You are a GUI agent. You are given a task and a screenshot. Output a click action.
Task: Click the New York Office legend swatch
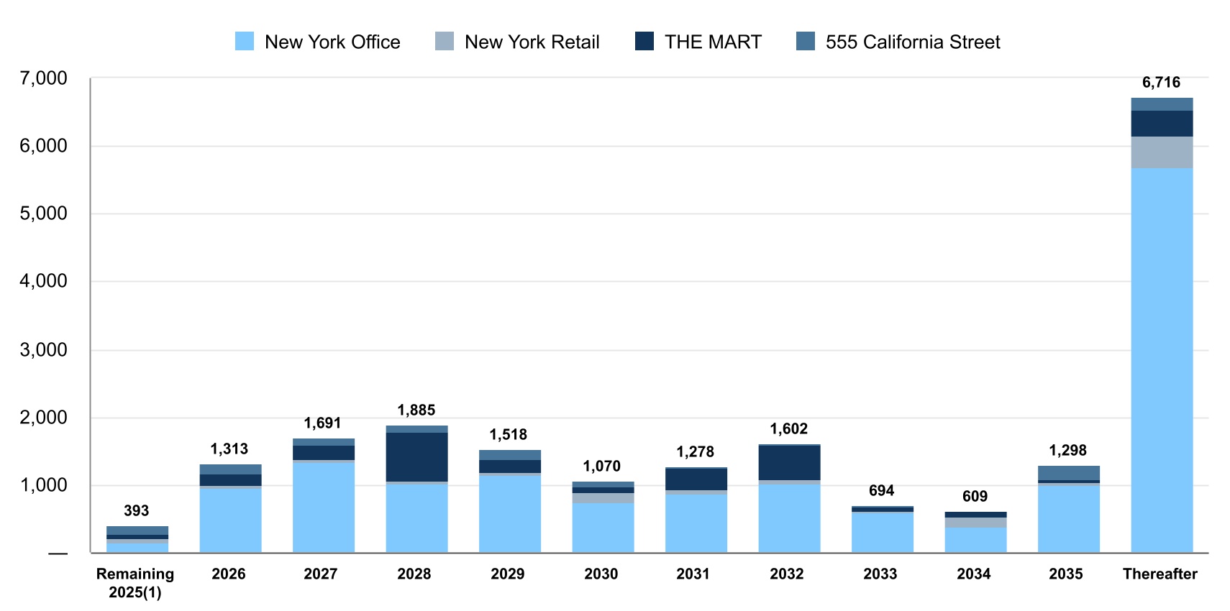(x=245, y=42)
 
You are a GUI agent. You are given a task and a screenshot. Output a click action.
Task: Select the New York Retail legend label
(x=532, y=42)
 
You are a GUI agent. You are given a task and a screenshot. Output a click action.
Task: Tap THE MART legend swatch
(x=644, y=42)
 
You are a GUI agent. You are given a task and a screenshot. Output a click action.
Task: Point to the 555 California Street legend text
(x=912, y=42)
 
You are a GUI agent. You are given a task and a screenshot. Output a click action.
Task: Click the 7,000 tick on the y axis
(x=43, y=78)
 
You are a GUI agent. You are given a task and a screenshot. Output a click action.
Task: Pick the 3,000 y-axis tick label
(x=43, y=350)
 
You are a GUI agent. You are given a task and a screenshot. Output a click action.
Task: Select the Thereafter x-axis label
(x=1160, y=574)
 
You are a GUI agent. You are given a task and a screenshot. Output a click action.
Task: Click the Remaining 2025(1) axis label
(x=135, y=583)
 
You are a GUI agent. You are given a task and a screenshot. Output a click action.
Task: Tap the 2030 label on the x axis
(x=601, y=574)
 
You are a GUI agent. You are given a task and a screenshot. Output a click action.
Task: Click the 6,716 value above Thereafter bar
(x=1161, y=83)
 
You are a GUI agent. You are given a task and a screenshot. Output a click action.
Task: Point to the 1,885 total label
(x=416, y=410)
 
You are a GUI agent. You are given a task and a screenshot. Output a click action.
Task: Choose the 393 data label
(x=136, y=511)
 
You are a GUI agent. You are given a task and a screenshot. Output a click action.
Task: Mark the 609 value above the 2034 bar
(x=975, y=497)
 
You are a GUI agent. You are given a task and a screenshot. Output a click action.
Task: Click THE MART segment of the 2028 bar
(x=416, y=456)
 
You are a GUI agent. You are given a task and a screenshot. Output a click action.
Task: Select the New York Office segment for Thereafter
(x=1161, y=359)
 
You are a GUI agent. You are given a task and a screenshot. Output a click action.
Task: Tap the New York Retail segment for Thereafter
(x=1161, y=152)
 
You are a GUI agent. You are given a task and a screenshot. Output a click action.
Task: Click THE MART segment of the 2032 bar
(x=789, y=463)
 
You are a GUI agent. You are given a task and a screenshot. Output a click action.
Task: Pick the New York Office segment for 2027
(x=323, y=507)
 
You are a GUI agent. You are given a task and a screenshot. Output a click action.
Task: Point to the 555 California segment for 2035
(x=1068, y=473)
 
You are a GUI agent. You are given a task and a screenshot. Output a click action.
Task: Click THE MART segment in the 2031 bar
(x=696, y=479)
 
